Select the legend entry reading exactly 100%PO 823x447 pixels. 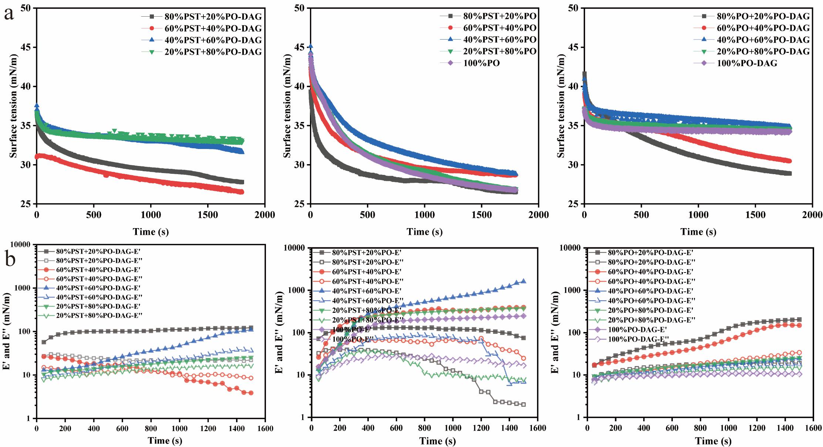coord(481,63)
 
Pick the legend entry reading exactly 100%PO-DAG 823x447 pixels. coord(747,63)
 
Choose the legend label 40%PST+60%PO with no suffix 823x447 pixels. coord(499,40)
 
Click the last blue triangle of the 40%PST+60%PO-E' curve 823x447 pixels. coord(523,281)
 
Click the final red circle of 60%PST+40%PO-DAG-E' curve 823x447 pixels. coord(251,393)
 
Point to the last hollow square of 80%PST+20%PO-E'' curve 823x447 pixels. coord(523,404)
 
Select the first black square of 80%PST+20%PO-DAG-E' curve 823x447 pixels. coord(44,342)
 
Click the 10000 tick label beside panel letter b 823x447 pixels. coord(23,245)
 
